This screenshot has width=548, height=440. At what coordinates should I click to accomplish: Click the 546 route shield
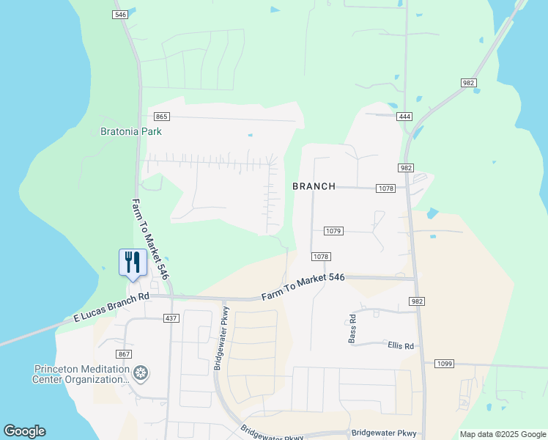tap(122, 15)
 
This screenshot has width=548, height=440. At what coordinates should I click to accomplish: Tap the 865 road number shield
tap(162, 117)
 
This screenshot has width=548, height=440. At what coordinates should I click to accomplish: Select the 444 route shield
tap(404, 117)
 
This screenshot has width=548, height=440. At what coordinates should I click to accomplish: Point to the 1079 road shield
tap(333, 231)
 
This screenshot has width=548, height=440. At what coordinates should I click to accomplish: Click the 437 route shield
tap(171, 318)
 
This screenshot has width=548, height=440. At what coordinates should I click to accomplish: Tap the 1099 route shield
tap(445, 364)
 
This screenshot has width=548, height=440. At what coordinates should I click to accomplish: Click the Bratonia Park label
tap(130, 132)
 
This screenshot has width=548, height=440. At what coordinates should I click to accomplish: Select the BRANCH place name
tap(314, 186)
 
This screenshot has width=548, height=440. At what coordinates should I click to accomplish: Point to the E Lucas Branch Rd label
tap(111, 308)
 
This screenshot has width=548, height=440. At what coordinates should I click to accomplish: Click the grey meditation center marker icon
tap(141, 374)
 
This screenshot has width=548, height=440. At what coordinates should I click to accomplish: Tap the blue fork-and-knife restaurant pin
tap(131, 263)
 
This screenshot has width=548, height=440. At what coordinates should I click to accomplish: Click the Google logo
tap(24, 431)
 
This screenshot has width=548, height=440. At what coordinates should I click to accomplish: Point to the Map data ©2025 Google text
tap(502, 434)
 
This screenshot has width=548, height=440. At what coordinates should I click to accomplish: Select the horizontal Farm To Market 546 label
tap(303, 286)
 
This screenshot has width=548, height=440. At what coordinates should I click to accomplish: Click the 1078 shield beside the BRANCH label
tap(387, 188)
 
